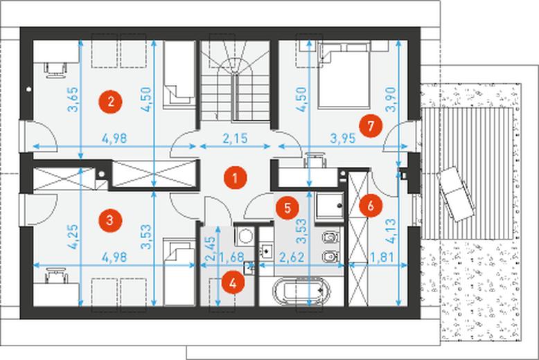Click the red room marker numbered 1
[235, 178]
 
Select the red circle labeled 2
[110, 102]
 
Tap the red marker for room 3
[110, 220]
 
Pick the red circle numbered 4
[233, 283]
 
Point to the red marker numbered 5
[288, 208]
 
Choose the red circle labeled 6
[370, 206]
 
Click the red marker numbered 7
[371, 126]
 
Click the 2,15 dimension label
[235, 138]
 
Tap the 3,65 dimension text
[73, 100]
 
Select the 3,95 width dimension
[343, 138]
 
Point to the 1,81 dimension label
[381, 257]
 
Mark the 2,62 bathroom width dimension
[292, 257]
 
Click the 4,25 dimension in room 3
[73, 237]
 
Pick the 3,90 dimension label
[391, 100]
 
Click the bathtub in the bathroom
[301, 291]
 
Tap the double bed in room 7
[344, 75]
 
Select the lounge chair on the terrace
[456, 195]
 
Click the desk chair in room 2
[55, 70]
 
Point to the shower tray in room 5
[329, 206]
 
